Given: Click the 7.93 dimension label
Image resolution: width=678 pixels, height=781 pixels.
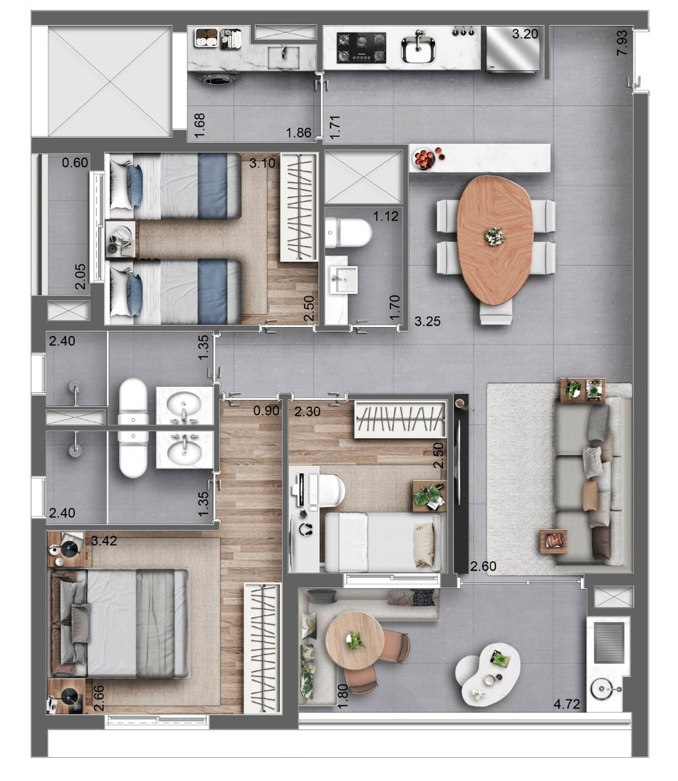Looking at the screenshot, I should tap(622, 42).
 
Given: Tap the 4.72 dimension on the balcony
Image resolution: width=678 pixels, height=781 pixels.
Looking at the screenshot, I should tap(567, 704).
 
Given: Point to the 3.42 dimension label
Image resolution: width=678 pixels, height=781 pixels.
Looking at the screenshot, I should tap(104, 541).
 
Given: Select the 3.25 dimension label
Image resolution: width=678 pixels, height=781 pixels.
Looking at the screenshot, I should tap(428, 322).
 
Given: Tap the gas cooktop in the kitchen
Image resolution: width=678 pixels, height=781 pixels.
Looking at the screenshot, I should tap(362, 48).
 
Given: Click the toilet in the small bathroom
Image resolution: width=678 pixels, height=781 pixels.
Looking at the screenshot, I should tap(351, 232).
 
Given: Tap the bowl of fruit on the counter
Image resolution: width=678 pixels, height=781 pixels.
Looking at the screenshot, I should tap(424, 159).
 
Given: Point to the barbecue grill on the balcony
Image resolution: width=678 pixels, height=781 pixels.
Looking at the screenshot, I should tap(607, 641).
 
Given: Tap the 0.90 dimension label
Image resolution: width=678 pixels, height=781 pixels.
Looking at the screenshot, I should tap(267, 411).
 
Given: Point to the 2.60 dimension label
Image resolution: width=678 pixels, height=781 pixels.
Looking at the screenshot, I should tap(483, 566).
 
